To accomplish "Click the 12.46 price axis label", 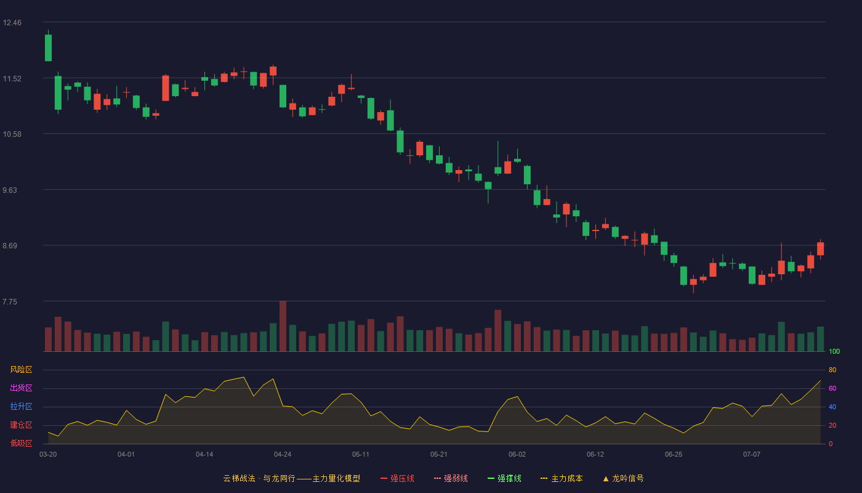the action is coord(12,23).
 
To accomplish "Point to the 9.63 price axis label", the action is coord(10,190).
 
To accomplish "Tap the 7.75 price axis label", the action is coord(10,302).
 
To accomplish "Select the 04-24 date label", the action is coord(283,455).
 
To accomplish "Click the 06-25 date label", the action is coord(674,455).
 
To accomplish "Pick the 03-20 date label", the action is coord(48,455).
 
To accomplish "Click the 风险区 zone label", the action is coord(21,370).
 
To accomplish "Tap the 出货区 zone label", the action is coord(21,388).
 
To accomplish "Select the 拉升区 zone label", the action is coord(21,406).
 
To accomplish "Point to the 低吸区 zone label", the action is coord(21,443).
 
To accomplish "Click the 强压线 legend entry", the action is coord(397,478).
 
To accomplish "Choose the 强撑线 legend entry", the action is coord(504,478).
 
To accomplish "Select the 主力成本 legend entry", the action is coord(562,478).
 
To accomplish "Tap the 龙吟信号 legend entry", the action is coord(623,478).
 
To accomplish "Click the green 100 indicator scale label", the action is coord(834,351).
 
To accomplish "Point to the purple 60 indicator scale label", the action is coord(832,388).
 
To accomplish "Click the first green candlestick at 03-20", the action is coord(48,47).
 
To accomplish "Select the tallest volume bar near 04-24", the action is coord(283,326).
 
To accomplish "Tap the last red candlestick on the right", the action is coord(820,248).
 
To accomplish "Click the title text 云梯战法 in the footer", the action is coord(239,478).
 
